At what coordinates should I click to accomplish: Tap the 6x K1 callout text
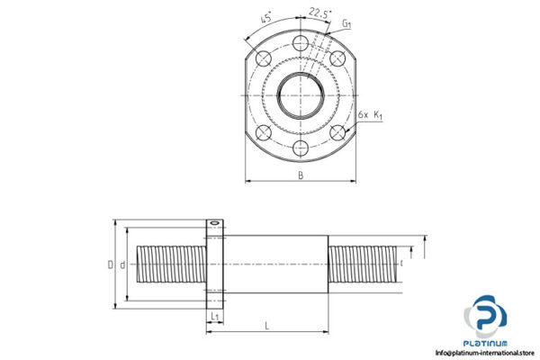pyautogui.click(x=370, y=115)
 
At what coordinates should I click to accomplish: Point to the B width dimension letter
pyautogui.click(x=301, y=175)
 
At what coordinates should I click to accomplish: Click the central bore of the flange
pyautogui.click(x=300, y=94)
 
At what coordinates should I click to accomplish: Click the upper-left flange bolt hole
pyautogui.click(x=263, y=58)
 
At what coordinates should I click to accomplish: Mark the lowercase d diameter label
pyautogui.click(x=122, y=265)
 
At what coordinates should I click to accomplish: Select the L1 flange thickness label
pyautogui.click(x=214, y=318)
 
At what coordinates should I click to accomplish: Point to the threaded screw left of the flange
pyautogui.click(x=170, y=265)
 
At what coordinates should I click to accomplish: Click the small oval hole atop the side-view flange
pyautogui.click(x=214, y=223)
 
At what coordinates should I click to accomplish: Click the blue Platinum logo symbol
pyautogui.click(x=485, y=317)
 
